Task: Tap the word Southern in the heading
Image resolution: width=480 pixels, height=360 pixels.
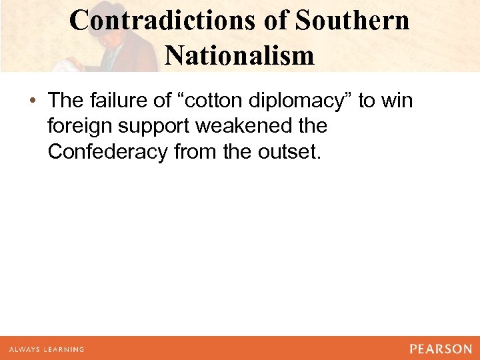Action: pyautogui.click(x=352, y=21)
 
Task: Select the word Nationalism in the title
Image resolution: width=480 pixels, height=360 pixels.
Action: pyautogui.click(x=239, y=55)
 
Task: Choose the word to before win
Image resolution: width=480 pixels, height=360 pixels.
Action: pyautogui.click(x=366, y=101)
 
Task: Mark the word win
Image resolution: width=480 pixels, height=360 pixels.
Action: pyautogui.click(x=397, y=101)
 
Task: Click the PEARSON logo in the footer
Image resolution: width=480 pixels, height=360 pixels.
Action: pyautogui.click(x=441, y=349)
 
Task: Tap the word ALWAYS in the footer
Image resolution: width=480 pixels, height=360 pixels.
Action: pyautogui.click(x=25, y=349)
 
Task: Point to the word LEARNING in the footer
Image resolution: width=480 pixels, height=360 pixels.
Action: pyautogui.click(x=64, y=349)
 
